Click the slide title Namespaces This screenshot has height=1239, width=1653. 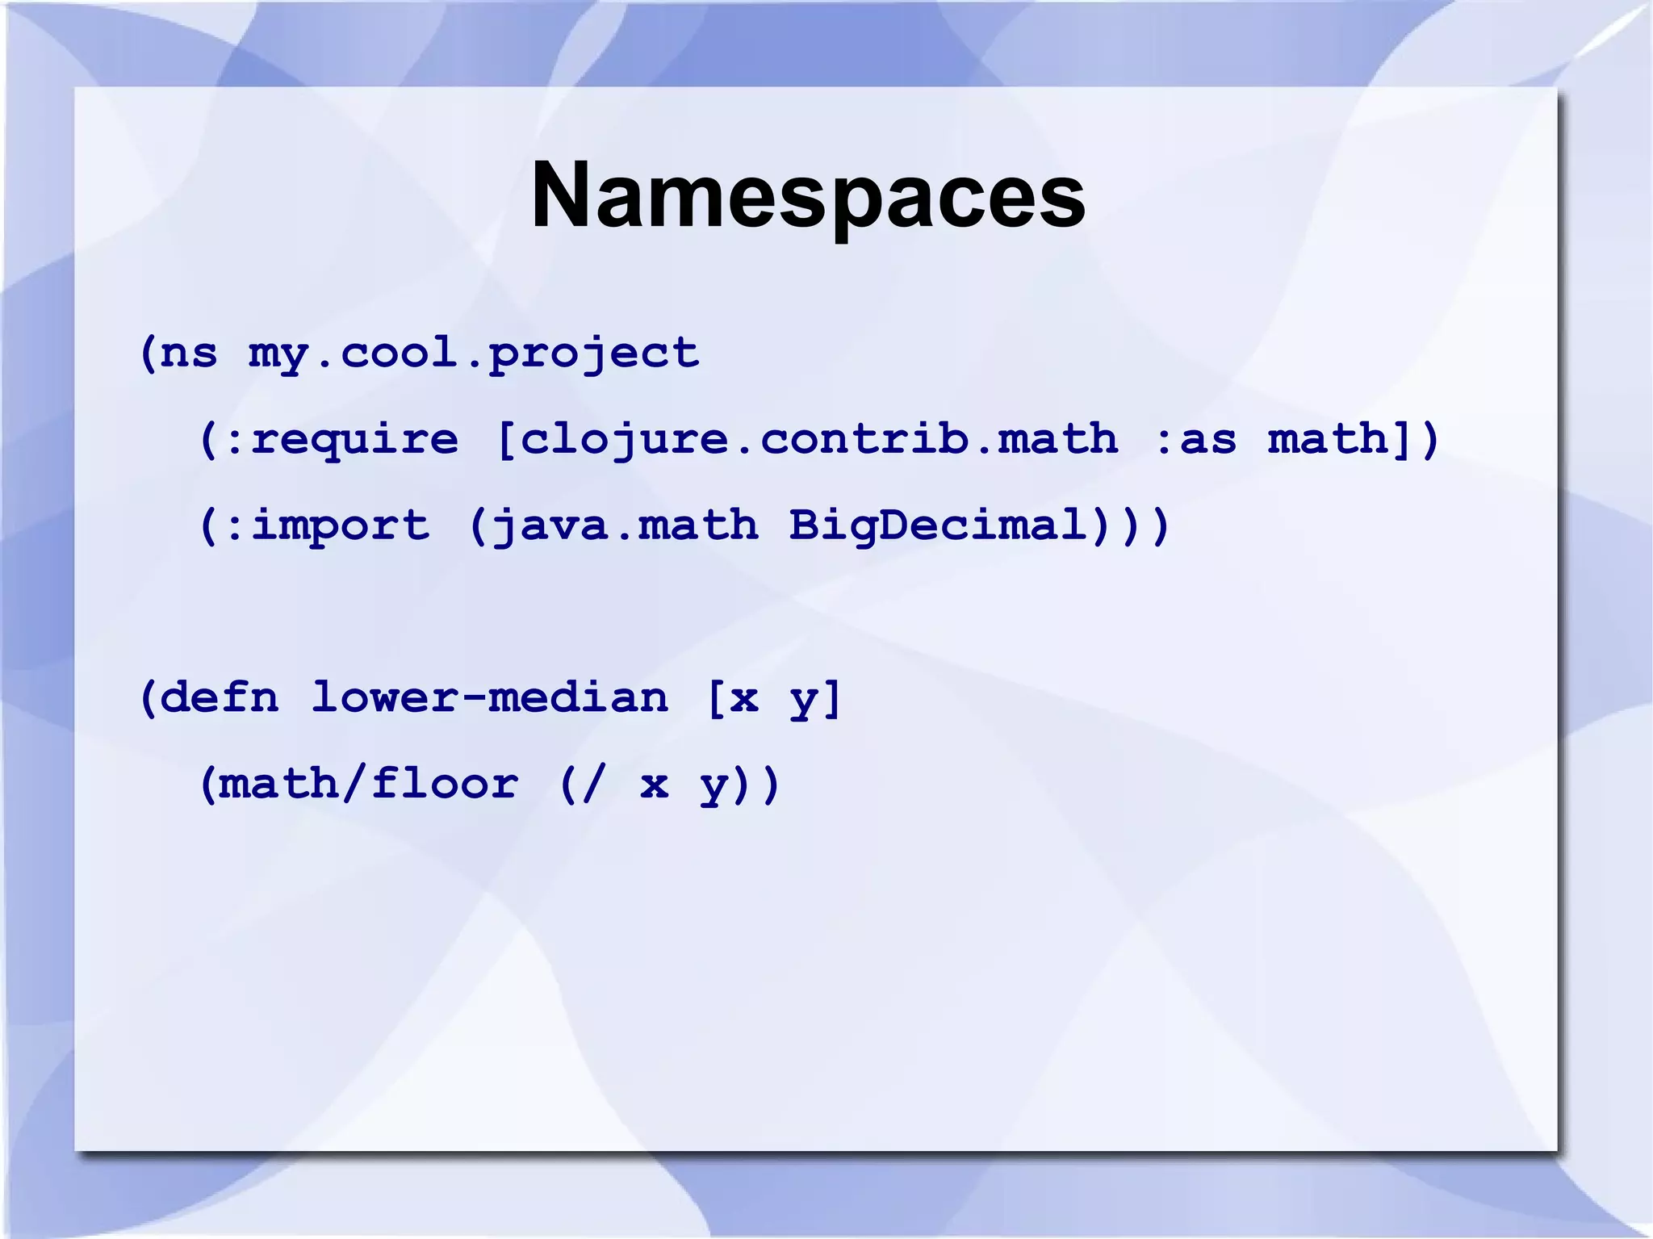[x=808, y=197]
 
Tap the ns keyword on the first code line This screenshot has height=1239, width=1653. [x=189, y=353]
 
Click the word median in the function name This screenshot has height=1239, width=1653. [x=578, y=697]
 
